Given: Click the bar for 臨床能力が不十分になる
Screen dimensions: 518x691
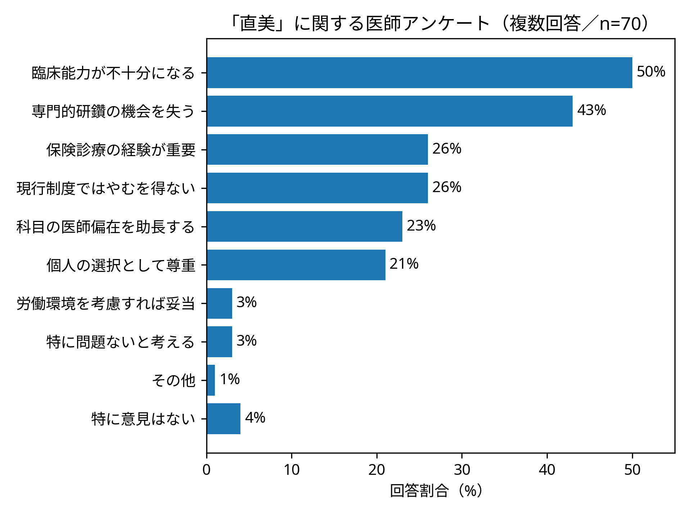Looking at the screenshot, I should pos(419,73).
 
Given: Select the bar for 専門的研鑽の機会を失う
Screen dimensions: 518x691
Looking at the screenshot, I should pos(389,111).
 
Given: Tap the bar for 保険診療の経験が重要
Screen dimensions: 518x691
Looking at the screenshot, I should pos(317,150).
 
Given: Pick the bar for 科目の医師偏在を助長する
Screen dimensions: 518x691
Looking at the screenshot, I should pos(304,227).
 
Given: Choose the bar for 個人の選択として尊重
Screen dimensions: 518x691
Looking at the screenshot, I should pos(296,265).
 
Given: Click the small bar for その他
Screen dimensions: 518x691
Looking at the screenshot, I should pos(211,380).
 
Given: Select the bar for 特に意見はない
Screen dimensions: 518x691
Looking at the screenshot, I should pos(223,419).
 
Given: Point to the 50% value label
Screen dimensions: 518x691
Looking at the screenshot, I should pos(651,72).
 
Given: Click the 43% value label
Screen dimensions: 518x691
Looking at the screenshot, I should pos(591,110).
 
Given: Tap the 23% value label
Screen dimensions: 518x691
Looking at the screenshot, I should pos(421,226).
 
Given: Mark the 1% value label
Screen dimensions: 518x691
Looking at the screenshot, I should pos(230,379).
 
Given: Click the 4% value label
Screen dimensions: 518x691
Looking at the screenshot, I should pos(255,418).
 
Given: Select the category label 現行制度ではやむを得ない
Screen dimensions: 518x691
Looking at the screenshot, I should pos(106,188).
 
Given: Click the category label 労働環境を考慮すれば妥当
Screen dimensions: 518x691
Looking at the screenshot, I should pos(106,304).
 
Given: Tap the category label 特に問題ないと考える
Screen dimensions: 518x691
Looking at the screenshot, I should pos(121,342).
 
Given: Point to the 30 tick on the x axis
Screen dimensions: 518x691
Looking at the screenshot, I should pos(462,470).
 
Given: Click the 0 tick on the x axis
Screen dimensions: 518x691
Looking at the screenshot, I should pos(207,470).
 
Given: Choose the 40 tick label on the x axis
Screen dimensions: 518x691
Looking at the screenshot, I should pos(547,470).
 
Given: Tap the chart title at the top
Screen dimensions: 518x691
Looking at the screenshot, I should pos(441,24).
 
